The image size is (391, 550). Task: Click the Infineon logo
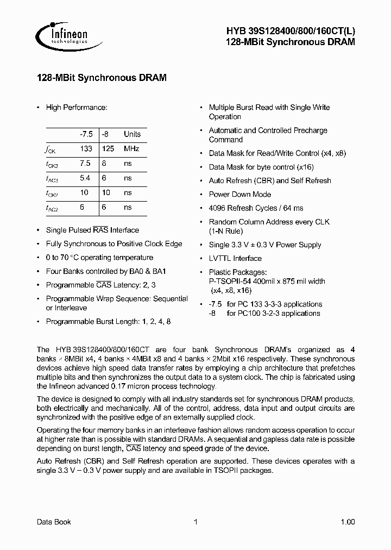click(x=61, y=36)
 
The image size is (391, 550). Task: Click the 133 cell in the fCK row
click(x=86, y=149)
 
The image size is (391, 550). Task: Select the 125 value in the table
click(x=108, y=149)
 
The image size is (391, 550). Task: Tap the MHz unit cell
click(x=131, y=149)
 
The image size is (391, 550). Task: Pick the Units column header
click(x=132, y=134)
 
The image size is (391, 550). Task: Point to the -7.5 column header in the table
click(x=86, y=134)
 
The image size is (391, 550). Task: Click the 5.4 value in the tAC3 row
click(x=85, y=178)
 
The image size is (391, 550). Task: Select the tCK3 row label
click(x=52, y=164)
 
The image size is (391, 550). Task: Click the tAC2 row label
click(x=52, y=208)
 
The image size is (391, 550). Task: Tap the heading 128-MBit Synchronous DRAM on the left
click(x=101, y=78)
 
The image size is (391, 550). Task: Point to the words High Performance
click(x=77, y=108)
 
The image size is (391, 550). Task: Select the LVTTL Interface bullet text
click(x=235, y=258)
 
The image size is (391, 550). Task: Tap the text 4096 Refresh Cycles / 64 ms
click(x=256, y=208)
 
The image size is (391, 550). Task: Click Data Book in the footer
click(x=54, y=522)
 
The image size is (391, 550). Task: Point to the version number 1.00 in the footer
click(x=348, y=522)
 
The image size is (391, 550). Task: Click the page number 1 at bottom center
click(x=195, y=522)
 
